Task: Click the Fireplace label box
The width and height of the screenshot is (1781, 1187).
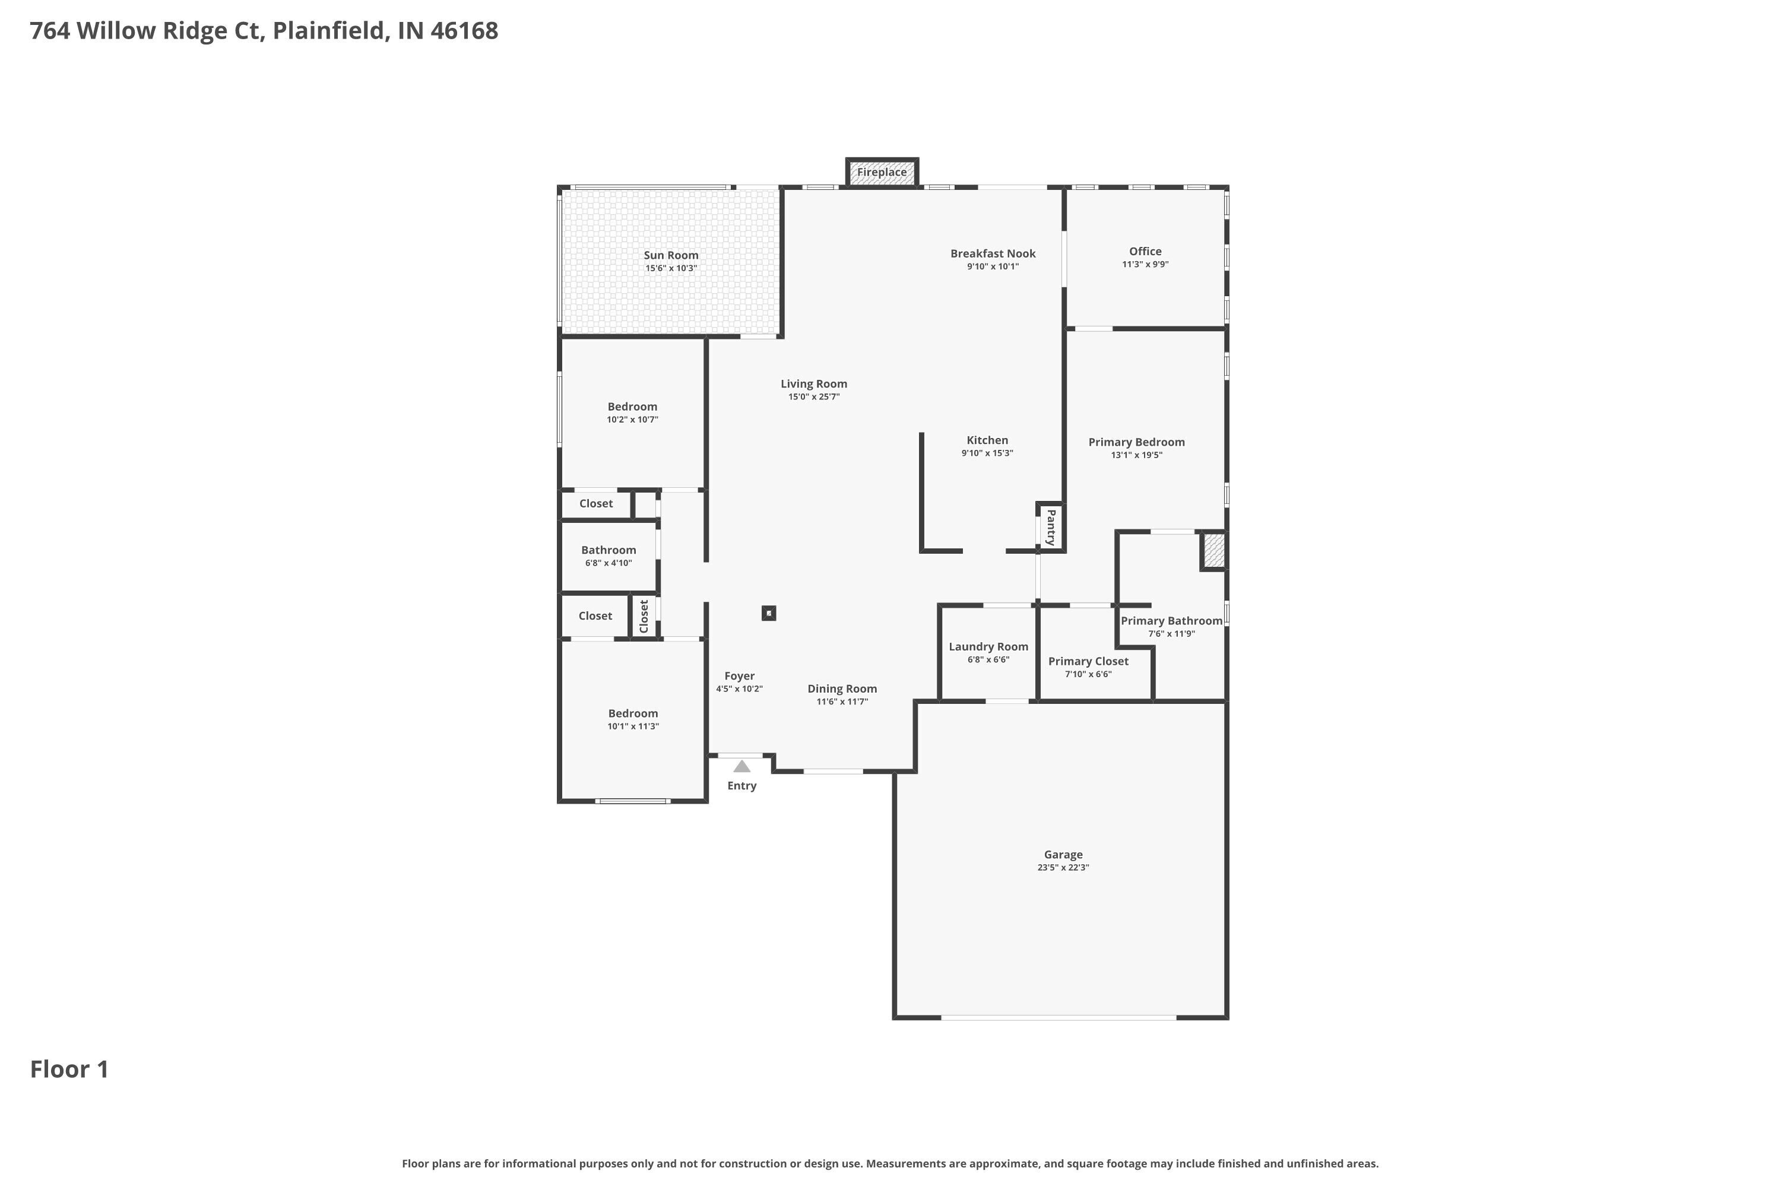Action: pos(882,173)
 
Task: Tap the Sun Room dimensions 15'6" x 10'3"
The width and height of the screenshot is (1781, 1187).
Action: pos(671,269)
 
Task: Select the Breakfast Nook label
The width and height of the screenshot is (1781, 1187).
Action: pos(993,253)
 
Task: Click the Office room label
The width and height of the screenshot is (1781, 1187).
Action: pos(1145,251)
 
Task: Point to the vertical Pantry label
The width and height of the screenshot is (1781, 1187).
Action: pos(1051,528)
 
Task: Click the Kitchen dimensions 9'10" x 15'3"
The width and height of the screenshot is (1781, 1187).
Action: pos(987,453)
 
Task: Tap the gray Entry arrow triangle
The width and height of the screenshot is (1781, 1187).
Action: pos(742,767)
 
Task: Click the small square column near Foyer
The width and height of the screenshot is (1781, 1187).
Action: pos(769,613)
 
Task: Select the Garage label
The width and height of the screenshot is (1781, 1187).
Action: pos(1063,855)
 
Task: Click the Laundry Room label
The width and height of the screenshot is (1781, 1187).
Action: pos(988,646)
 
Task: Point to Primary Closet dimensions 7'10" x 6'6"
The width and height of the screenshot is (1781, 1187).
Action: pos(1088,674)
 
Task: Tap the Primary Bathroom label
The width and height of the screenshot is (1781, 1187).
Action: pos(1171,621)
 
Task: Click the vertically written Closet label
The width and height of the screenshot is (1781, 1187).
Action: pos(644,616)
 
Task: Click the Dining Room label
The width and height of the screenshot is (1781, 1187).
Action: pos(842,689)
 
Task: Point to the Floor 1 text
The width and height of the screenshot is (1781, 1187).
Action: pos(69,1069)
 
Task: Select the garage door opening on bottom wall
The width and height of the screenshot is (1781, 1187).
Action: pos(1059,1017)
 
